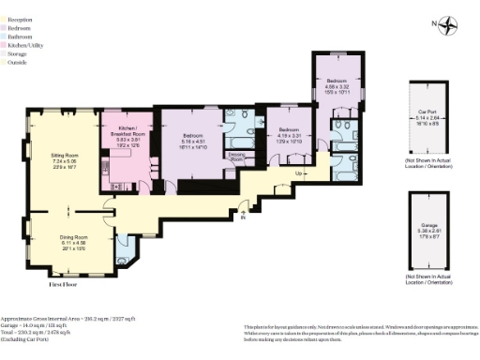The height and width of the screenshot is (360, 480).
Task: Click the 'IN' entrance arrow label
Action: tap(243, 217)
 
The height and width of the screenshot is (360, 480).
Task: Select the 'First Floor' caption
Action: tap(64, 282)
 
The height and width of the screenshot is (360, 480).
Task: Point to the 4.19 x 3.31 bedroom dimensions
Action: tap(288, 135)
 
